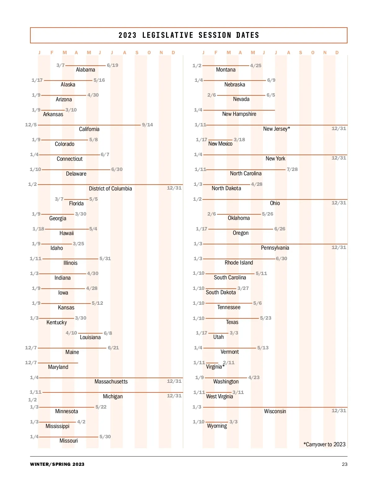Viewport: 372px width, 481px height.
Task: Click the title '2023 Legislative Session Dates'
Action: (188, 35)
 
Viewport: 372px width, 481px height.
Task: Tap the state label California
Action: (89, 129)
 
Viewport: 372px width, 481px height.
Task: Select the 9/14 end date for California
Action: (147, 125)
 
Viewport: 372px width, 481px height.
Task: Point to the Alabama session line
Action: (85, 66)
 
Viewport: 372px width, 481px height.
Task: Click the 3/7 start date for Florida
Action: (59, 199)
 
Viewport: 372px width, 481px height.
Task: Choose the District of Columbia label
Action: (110, 189)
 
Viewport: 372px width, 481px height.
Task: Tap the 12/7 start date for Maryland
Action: (31, 363)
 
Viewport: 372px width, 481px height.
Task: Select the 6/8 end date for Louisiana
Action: (108, 333)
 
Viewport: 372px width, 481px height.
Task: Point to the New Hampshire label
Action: (239, 114)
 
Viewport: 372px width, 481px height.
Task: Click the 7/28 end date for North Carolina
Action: (292, 169)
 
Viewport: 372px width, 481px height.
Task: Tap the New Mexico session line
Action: (220, 140)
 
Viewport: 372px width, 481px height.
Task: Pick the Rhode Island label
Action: (239, 263)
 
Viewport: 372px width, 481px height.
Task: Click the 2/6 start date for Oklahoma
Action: (211, 214)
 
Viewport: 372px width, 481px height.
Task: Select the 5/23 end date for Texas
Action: (266, 318)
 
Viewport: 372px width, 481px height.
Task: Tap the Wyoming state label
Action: (217, 426)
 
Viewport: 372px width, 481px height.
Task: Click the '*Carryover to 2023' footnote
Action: (324, 444)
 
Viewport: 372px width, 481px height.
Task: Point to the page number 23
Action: (344, 464)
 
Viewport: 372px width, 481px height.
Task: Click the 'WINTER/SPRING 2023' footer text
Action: (57, 464)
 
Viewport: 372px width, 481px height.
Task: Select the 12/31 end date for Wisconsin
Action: (339, 411)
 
